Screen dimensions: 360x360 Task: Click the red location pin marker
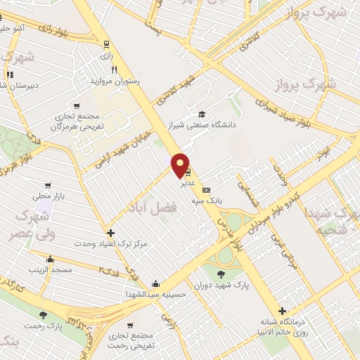181,165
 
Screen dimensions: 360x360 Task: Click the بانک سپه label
208,200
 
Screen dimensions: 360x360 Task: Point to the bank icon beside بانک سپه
206,190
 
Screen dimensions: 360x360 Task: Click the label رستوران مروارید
114,82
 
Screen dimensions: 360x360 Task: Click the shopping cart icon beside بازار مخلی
48,186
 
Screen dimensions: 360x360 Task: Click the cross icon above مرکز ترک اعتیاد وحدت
110,233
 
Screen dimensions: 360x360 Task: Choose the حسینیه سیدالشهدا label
155,295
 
